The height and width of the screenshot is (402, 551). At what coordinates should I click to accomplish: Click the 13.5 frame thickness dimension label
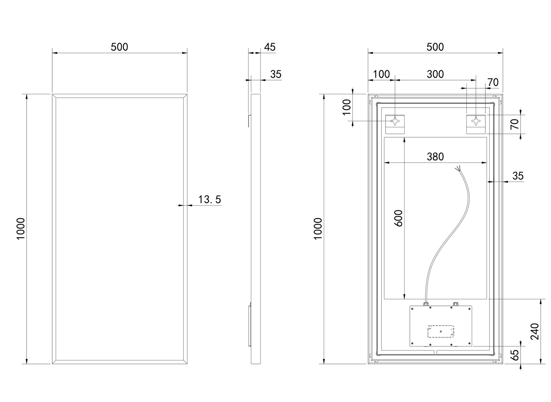pos(210,199)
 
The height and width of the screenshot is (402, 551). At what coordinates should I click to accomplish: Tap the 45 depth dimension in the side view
pos(270,47)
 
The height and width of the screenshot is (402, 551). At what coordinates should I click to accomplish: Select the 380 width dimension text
pos(435,156)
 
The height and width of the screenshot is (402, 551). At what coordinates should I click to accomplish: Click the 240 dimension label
pos(535,331)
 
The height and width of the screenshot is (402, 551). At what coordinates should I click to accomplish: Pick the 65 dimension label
pos(515,355)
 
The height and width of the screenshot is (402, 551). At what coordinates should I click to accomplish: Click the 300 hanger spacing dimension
pos(435,74)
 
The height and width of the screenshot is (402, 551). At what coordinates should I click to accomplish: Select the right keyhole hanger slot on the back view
pos(476,121)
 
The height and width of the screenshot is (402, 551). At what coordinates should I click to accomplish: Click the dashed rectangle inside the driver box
pos(441,331)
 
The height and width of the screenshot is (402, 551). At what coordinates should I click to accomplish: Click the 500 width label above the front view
pos(119,47)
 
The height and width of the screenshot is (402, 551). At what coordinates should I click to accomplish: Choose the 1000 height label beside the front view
pos(21,228)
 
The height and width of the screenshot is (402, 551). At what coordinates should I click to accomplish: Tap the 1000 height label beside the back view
pos(318,228)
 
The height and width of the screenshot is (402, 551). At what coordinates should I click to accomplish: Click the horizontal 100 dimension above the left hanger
pos(381,74)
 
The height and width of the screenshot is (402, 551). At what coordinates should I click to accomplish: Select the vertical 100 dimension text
pos(347,107)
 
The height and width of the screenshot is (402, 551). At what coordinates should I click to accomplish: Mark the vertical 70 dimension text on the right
pos(515,124)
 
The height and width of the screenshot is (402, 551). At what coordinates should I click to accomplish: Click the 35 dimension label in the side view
pos(276,74)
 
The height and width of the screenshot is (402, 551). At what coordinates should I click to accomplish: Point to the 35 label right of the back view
pos(518,176)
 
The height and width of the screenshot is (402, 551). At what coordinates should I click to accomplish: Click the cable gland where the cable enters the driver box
pos(426,304)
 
